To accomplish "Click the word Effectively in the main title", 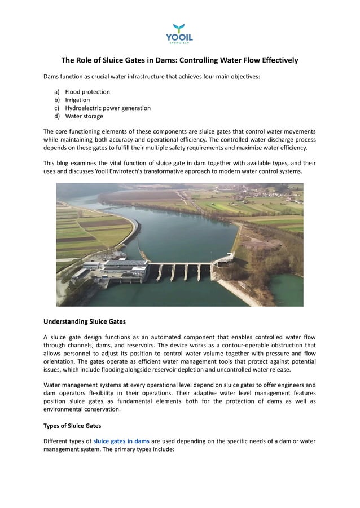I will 276,60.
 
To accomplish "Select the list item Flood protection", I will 87,91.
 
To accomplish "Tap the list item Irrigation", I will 77,100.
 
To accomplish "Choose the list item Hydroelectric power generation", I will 108,108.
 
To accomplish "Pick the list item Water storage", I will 84,116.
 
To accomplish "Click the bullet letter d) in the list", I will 57,116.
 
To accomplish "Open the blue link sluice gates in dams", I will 121,440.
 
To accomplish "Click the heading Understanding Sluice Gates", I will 85,321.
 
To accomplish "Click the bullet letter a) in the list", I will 57,91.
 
